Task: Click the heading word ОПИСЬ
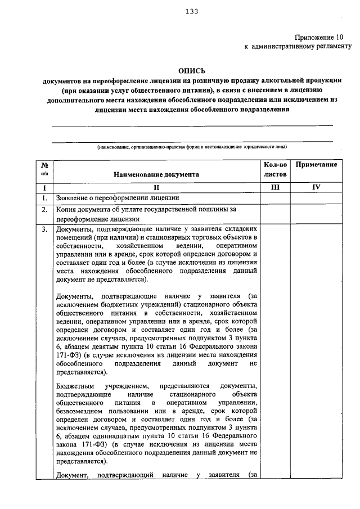point(191,71)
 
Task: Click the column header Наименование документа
point(156,175)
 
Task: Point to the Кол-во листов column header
point(275,169)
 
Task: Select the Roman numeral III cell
point(275,187)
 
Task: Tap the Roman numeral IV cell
point(316,187)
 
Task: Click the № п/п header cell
point(44,169)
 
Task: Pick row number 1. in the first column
point(44,198)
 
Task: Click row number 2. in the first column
point(44,210)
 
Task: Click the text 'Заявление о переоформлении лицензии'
point(118,198)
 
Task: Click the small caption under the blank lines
point(191,146)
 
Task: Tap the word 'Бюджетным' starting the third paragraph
point(75,386)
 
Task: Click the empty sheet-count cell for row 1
point(275,198)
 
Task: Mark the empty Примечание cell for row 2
point(316,214)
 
